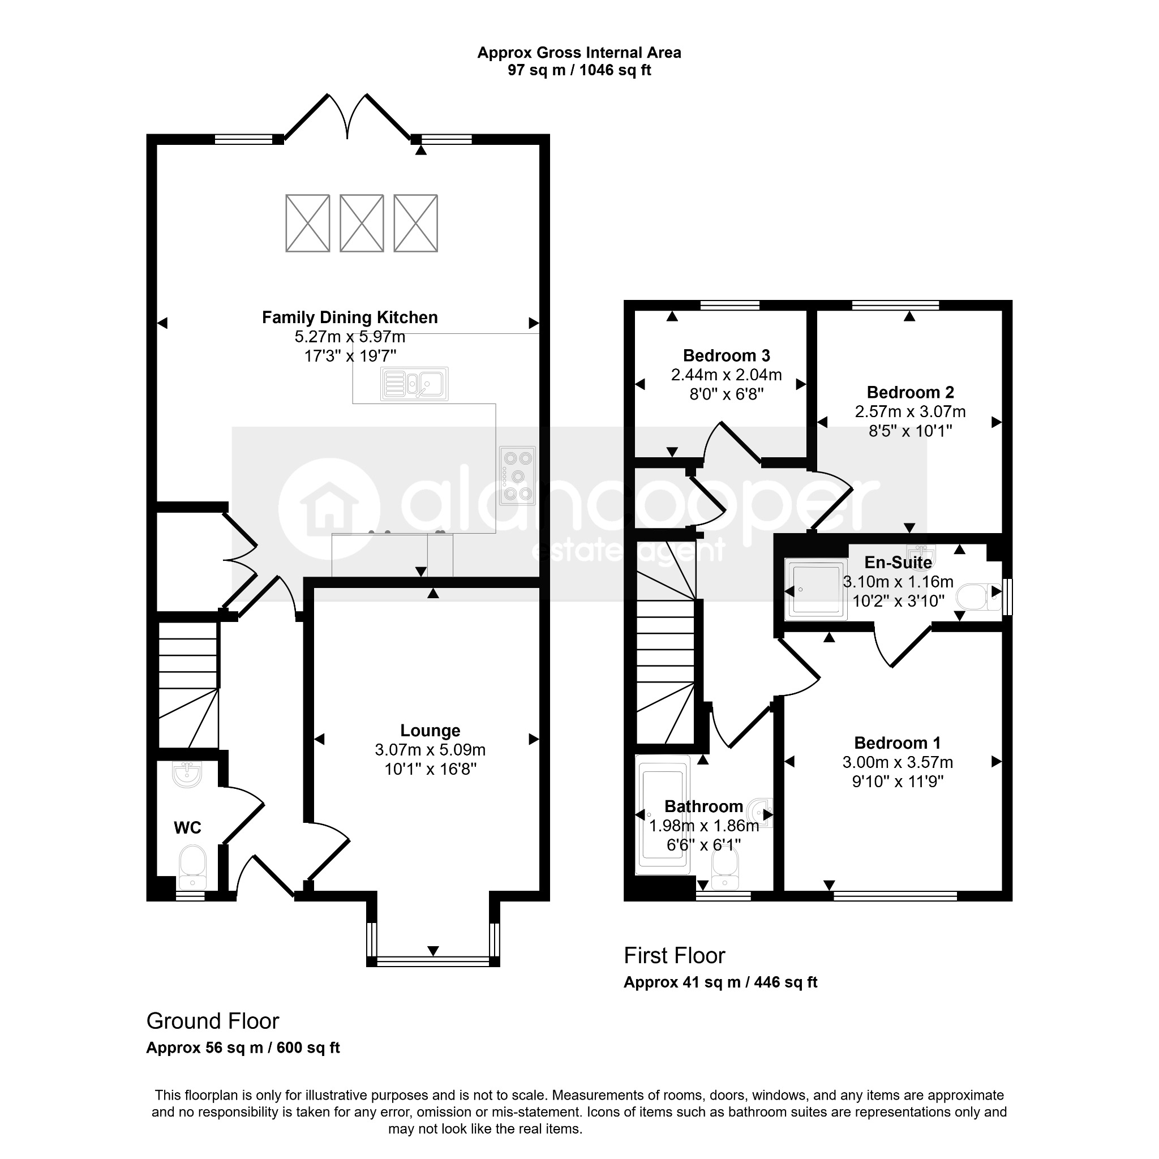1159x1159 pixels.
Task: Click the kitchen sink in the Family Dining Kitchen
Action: [414, 383]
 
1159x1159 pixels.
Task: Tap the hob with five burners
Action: [517, 476]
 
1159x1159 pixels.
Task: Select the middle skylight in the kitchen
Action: [362, 223]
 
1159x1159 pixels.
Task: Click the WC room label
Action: [187, 828]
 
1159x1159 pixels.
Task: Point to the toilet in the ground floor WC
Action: [192, 868]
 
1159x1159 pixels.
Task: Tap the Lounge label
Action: [430, 731]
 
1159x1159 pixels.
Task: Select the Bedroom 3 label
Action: [727, 356]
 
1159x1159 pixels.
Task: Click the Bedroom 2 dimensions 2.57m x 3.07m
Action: [910, 411]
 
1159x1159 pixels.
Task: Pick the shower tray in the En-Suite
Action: [816, 589]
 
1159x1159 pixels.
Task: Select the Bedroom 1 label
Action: [898, 742]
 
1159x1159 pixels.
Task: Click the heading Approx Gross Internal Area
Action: [579, 53]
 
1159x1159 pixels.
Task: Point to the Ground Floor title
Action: [213, 1020]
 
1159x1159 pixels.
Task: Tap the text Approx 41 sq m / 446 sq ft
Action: [720, 982]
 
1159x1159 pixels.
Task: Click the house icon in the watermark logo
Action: [329, 509]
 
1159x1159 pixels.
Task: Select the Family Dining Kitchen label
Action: [350, 317]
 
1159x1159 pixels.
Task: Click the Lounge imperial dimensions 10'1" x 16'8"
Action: [430, 769]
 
